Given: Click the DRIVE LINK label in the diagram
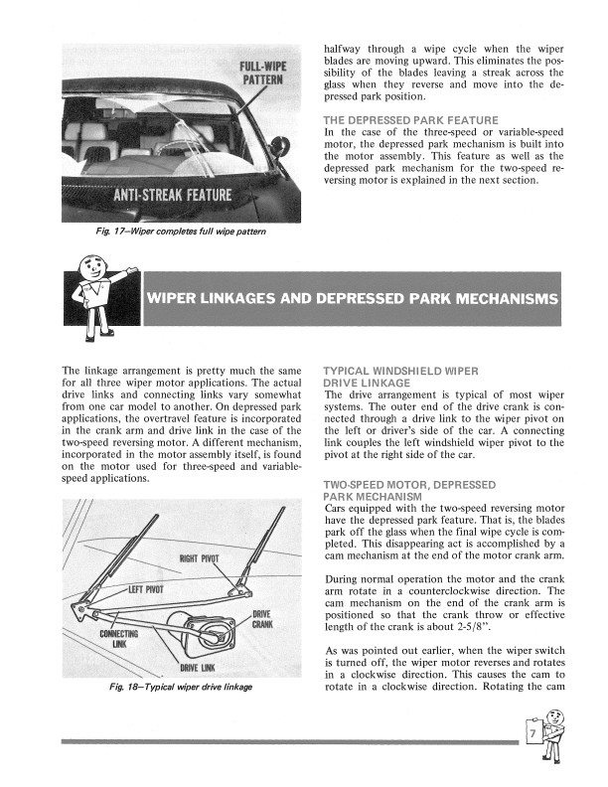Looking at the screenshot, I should pyautogui.click(x=199, y=667).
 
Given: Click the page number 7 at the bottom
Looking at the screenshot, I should pyautogui.click(x=534, y=736).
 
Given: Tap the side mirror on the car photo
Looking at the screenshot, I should pyautogui.click(x=280, y=147).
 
